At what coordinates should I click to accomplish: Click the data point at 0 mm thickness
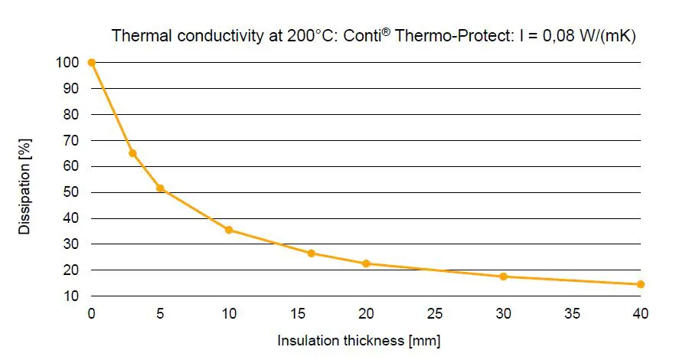92,62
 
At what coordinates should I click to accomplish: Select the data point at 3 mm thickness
132,153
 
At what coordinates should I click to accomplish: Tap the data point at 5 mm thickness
160,188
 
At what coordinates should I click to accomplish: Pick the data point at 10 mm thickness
229,230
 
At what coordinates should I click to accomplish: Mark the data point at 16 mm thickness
311,253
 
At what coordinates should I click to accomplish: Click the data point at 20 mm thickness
366,263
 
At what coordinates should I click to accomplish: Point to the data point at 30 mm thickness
503,277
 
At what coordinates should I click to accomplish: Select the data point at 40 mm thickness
640,284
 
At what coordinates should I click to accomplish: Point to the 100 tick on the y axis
66,62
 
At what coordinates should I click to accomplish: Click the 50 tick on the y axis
69,192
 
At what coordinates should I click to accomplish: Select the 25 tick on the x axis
435,313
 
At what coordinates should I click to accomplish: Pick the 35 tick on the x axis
572,313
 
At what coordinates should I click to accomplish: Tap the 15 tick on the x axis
298,313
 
